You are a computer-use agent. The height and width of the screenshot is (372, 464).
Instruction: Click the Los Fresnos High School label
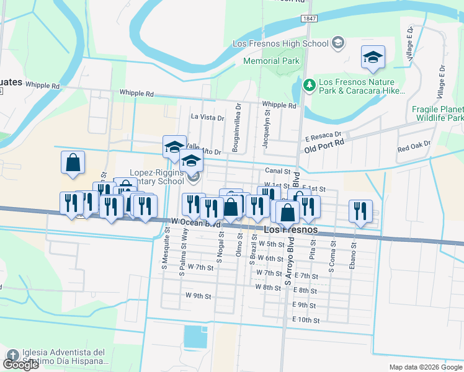pyautogui.click(x=280, y=43)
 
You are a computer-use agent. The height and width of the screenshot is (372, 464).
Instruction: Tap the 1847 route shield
pyautogui.click(x=310, y=19)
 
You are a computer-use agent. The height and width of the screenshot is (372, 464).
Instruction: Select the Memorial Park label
pyautogui.click(x=271, y=61)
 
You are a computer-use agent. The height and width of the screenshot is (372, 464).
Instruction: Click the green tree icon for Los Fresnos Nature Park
pyautogui.click(x=309, y=83)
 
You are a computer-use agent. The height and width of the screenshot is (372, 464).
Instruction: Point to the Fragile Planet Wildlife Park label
pyautogui.click(x=437, y=113)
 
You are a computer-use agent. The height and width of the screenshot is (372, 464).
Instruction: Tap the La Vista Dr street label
pyautogui.click(x=207, y=117)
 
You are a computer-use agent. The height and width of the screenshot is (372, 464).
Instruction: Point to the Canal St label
pyautogui.click(x=278, y=170)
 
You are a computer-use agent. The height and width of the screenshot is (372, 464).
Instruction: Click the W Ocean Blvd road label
pyautogui.click(x=197, y=222)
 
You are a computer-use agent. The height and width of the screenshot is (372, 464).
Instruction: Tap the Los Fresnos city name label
pyautogui.click(x=291, y=230)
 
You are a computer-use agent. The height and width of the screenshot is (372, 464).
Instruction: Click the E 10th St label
pyautogui.click(x=305, y=321)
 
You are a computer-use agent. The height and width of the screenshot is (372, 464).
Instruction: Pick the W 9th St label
pyautogui.click(x=199, y=296)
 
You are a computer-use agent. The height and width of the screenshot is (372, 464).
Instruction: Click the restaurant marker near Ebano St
pyautogui.click(x=360, y=211)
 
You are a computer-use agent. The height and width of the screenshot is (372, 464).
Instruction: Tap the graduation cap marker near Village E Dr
pyautogui.click(x=373, y=57)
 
